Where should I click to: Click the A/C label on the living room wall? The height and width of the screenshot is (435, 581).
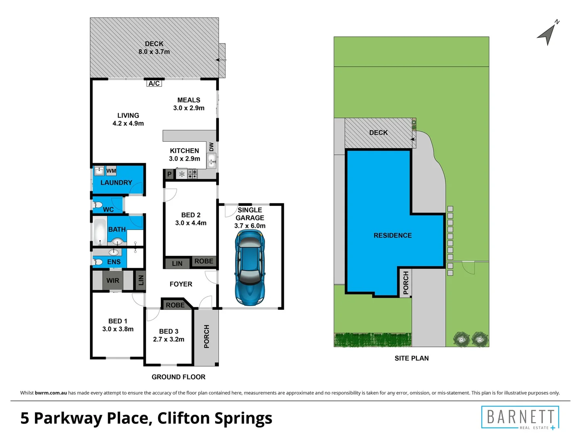[x=154, y=83]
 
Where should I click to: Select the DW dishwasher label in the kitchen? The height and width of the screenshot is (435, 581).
[x=212, y=147]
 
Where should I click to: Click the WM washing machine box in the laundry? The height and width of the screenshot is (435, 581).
[x=111, y=171]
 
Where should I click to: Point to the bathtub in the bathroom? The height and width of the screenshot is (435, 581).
[x=100, y=232]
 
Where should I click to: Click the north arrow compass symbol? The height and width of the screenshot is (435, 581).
[x=548, y=33]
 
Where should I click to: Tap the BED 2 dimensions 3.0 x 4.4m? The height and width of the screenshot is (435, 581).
[x=191, y=223]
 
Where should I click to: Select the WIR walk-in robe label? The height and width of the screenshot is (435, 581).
[x=113, y=280]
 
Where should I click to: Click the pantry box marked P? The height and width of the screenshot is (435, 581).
[x=169, y=174]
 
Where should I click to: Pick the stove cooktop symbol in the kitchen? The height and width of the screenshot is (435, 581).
[x=192, y=174]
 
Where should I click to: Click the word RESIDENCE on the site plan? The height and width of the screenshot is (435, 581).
[x=392, y=235]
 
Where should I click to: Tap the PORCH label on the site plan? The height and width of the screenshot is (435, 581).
[x=406, y=282]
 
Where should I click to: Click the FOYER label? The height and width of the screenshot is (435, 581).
[x=181, y=284]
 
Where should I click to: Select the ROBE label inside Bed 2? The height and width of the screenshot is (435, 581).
[x=204, y=261]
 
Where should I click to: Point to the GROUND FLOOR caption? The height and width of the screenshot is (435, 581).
[x=178, y=377]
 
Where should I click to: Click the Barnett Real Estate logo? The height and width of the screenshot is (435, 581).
[x=520, y=417]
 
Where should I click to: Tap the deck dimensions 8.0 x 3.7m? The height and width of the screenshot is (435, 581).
[x=154, y=52]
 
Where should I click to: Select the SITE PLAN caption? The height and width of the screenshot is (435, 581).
[x=411, y=358]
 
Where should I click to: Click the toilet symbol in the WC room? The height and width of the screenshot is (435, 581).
[x=98, y=205]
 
